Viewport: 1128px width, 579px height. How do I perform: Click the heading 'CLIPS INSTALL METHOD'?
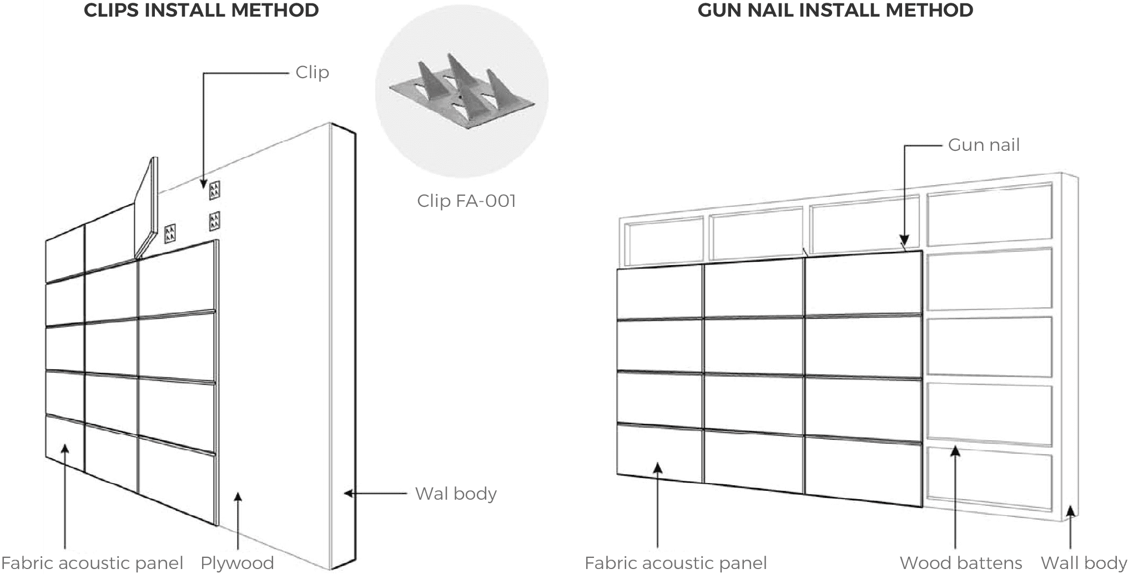pyautogui.click(x=201, y=11)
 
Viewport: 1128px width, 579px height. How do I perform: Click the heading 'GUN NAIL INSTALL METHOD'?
pyautogui.click(x=835, y=11)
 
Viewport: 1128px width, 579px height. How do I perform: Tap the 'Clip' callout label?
pyautogui.click(x=312, y=73)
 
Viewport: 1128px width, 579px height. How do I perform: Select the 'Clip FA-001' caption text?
pyautogui.click(x=466, y=201)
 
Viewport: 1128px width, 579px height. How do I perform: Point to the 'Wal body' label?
pyautogui.click(x=456, y=494)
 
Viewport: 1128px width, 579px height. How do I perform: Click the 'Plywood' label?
pyautogui.click(x=237, y=563)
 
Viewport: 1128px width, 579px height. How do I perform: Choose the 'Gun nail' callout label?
pyautogui.click(x=984, y=145)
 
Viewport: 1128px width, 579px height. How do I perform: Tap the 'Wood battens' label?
pyautogui.click(x=960, y=563)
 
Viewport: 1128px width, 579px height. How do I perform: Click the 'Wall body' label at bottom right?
pyautogui.click(x=1083, y=563)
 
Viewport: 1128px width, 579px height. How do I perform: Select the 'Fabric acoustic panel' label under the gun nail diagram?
pyautogui.click(x=676, y=563)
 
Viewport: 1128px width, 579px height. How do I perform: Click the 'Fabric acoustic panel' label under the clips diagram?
pyautogui.click(x=92, y=563)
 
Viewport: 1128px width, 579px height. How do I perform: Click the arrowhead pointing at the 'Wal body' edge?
pyautogui.click(x=349, y=493)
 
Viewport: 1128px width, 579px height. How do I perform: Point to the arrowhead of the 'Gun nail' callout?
pyautogui.click(x=904, y=241)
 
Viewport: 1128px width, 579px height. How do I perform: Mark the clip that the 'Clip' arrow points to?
pyautogui.click(x=214, y=191)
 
